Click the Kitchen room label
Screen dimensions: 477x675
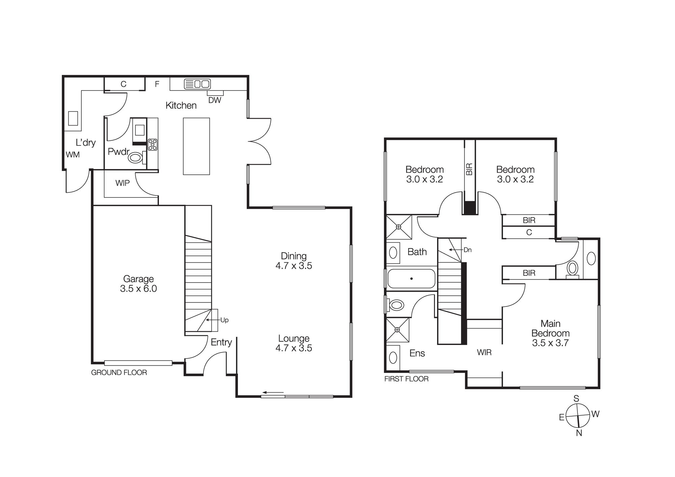pos(181,105)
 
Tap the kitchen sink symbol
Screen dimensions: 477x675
pos(197,84)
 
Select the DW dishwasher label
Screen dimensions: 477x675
pos(215,100)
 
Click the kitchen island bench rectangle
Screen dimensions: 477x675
pos(196,146)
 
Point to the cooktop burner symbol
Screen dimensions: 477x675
pos(153,144)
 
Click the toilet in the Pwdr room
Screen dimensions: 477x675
pos(136,158)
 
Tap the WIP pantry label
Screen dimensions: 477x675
pos(122,183)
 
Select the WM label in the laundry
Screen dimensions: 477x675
pos(73,155)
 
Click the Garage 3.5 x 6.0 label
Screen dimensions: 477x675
pos(138,284)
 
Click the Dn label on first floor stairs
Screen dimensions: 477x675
pos(467,250)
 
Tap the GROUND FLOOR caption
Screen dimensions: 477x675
pos(119,372)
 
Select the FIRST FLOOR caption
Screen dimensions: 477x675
pos(406,379)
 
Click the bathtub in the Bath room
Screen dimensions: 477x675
pos(411,279)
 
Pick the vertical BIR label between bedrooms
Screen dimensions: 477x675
pos(469,169)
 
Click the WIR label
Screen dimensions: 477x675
pos(484,352)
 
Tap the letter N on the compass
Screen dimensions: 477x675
pos(579,433)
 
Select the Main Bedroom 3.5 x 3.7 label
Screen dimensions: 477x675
pos(550,333)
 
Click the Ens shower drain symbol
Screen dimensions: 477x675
pos(397,329)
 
